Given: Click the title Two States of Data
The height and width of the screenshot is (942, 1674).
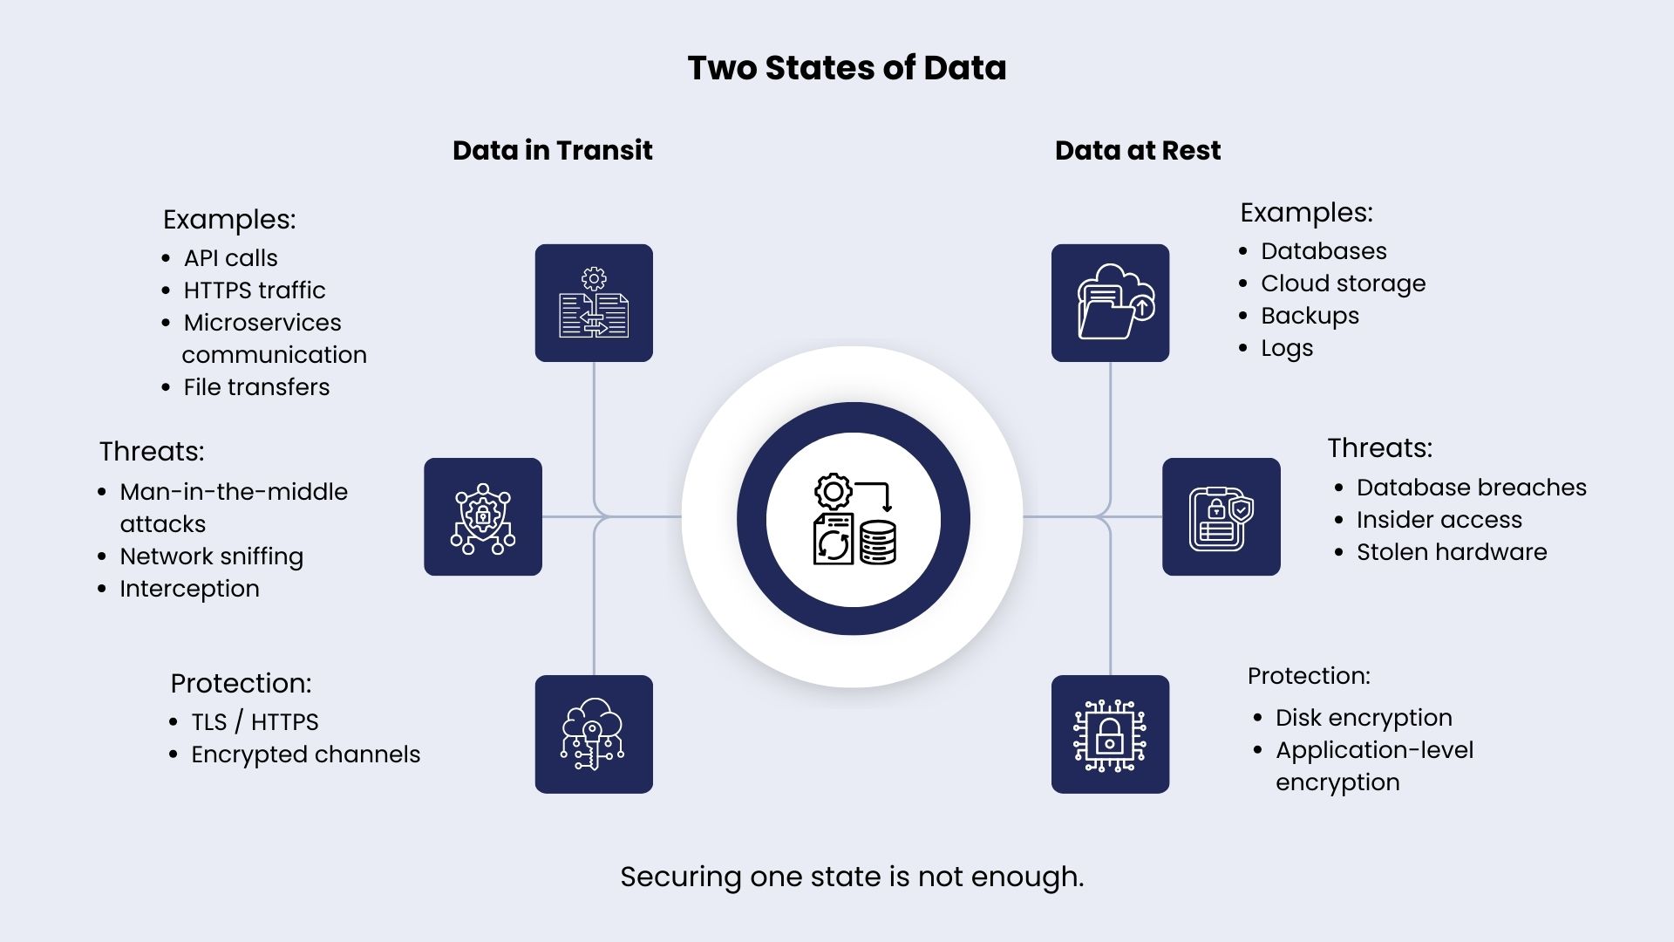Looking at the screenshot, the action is coord(847,68).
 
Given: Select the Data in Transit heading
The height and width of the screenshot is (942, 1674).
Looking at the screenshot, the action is coord(552,150).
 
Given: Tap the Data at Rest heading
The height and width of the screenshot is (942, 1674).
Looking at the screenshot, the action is coord(1138,150).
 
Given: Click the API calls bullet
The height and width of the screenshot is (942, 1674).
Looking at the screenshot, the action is coord(230,258).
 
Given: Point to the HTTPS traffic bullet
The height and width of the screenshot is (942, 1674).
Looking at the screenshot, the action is coord(254,290).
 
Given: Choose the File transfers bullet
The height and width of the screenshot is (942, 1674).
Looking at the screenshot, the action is coord(256,387).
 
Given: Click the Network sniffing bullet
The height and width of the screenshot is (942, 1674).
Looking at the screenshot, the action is coord(211,556).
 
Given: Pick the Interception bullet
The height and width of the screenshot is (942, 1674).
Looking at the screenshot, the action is coord(189,589).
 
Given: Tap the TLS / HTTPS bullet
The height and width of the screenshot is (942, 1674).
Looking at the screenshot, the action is coord(255,722).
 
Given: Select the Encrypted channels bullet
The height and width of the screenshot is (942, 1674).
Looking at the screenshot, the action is coord(305,754).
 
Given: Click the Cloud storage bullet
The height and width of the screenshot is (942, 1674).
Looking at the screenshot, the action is coord(1343,283).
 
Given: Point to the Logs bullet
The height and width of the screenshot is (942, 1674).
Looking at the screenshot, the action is coord(1287,348).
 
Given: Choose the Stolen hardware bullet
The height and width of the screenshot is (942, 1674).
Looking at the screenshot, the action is coord(1452,552).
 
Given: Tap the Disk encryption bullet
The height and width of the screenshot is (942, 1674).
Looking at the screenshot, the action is coord(1364,718).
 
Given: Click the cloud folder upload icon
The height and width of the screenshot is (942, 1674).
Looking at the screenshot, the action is coord(1110,303).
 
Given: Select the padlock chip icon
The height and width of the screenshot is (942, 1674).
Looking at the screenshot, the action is coord(1110,734).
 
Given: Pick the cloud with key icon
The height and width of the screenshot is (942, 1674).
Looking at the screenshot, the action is coord(594,734).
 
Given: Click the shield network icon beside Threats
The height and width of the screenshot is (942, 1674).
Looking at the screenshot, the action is coord(483,516).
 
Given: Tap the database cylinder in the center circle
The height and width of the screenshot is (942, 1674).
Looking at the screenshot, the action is coord(877,543).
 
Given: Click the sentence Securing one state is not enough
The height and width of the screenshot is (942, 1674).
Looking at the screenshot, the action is coord(852,877).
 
